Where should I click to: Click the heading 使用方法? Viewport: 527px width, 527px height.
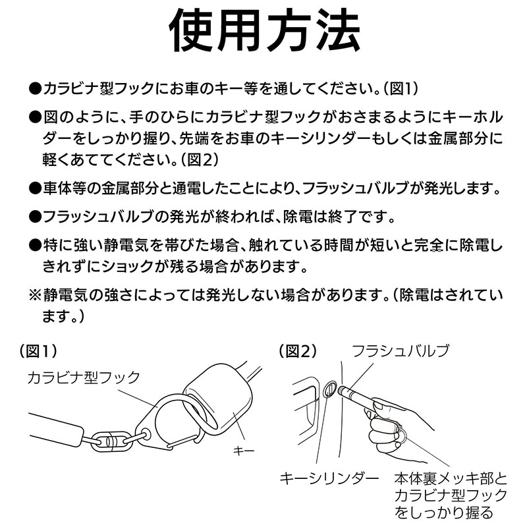pyautogui.click(x=265, y=31)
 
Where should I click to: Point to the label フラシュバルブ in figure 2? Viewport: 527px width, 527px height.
pyautogui.click(x=401, y=351)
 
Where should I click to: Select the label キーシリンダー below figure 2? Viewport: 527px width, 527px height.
pyautogui.click(x=329, y=478)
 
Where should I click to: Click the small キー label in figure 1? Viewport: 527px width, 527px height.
pyautogui.click(x=244, y=451)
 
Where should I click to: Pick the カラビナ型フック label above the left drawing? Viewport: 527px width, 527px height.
pyautogui.click(x=84, y=377)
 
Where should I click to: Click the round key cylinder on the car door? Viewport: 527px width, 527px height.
pyautogui.click(x=329, y=389)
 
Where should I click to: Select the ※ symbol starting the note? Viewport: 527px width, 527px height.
pyautogui.click(x=35, y=295)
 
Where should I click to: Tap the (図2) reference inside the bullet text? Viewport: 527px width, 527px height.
pyautogui.click(x=200, y=159)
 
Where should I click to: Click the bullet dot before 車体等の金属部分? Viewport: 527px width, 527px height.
pyautogui.click(x=35, y=188)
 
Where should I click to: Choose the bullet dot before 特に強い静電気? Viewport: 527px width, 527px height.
pyautogui.click(x=35, y=245)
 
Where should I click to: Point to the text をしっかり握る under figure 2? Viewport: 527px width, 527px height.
pyautogui.click(x=443, y=513)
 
